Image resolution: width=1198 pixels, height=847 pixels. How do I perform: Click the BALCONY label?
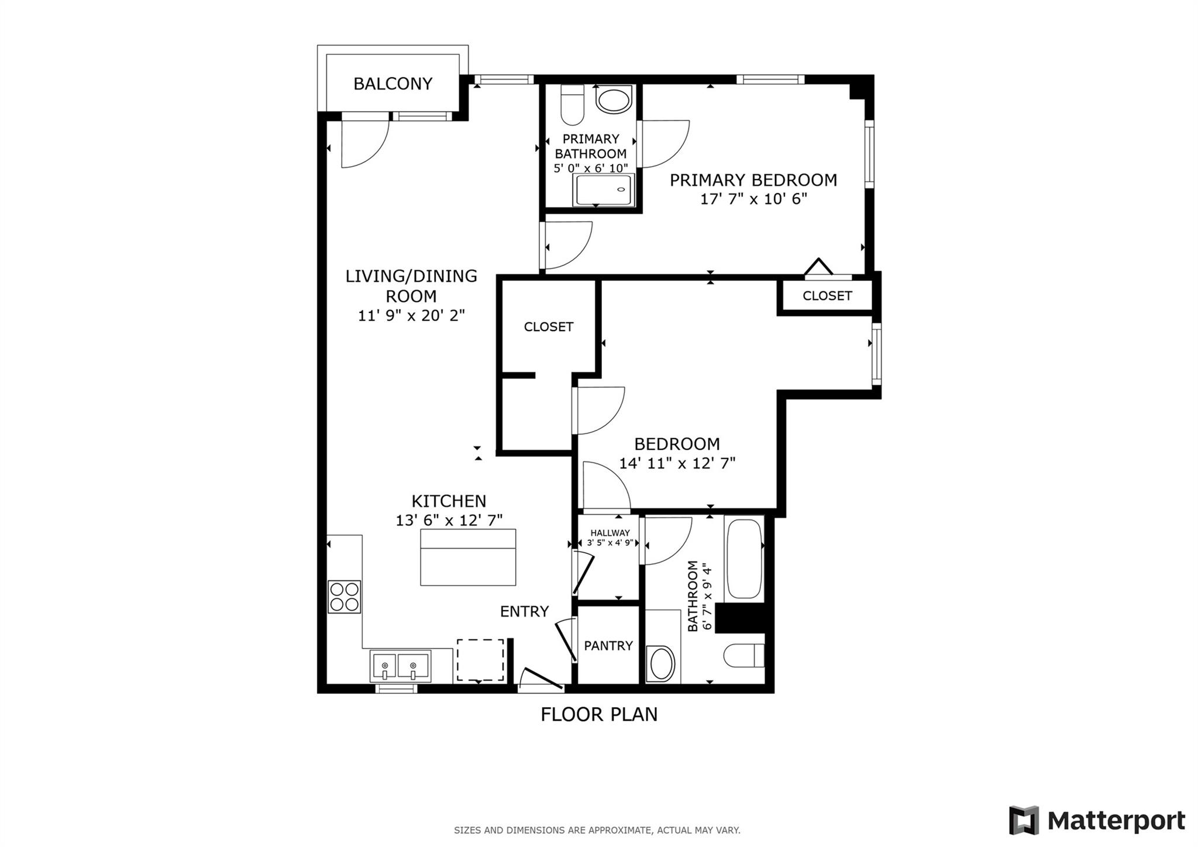point(393,84)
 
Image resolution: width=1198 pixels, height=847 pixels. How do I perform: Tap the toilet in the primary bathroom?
point(572,105)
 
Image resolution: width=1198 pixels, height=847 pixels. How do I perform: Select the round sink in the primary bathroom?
point(614,100)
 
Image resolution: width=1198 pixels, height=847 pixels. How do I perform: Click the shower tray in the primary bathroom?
point(604,190)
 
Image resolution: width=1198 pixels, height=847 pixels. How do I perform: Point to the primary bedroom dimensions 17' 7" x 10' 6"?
point(753,199)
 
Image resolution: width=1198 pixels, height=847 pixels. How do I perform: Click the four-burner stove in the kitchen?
point(344,596)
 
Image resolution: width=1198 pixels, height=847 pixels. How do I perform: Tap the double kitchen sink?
point(400,666)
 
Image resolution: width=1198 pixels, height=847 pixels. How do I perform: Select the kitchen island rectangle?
point(468,557)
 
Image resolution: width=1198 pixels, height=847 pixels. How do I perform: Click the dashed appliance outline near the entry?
point(480,660)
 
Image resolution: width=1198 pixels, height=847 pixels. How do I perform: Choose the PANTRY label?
point(608,646)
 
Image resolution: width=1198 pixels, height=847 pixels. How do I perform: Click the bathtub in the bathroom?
point(744,559)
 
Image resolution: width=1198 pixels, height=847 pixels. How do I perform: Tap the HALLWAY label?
point(610,533)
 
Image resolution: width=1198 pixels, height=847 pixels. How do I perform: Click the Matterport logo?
point(1097,820)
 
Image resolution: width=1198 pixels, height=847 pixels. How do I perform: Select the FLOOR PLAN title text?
point(599,714)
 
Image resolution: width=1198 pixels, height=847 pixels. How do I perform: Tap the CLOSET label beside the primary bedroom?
point(827,296)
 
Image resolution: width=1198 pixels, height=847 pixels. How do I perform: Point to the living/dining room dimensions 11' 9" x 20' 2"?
point(411,316)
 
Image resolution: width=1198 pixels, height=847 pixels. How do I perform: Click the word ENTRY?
point(524,612)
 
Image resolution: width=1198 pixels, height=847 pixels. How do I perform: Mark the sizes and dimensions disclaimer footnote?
point(597,830)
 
